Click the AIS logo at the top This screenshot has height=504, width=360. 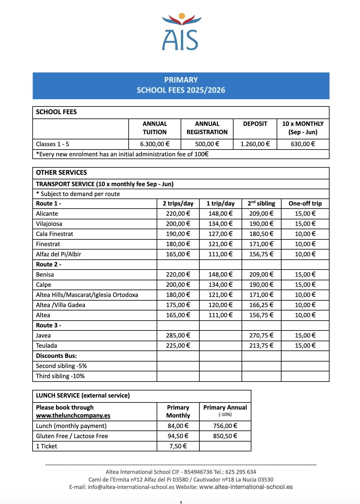[x=181, y=32]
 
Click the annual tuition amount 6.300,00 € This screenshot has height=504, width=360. [x=154, y=144]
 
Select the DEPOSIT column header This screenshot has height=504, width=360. [x=255, y=124]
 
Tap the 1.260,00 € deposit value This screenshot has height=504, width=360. [x=255, y=144]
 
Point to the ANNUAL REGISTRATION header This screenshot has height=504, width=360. [x=207, y=128]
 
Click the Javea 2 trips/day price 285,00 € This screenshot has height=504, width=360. [x=178, y=335]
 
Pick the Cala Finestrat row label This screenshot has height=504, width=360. [x=54, y=234]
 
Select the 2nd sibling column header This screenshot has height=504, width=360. [x=261, y=203]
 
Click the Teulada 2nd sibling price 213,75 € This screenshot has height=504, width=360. [x=261, y=346]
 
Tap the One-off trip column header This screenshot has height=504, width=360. [x=305, y=203]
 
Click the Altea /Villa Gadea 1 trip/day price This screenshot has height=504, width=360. [x=220, y=305]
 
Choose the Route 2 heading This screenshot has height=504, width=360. [x=49, y=264]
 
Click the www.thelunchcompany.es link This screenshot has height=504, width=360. [x=73, y=415]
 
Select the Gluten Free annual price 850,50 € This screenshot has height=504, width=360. [x=225, y=436]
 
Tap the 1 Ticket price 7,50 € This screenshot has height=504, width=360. [x=178, y=446]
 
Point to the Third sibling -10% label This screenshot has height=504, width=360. [x=60, y=376]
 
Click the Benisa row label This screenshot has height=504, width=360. [x=45, y=274]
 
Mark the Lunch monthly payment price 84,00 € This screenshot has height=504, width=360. [x=178, y=426]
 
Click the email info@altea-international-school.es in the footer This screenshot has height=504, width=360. [x=131, y=487]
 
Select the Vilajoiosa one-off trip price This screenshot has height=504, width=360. [x=305, y=224]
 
